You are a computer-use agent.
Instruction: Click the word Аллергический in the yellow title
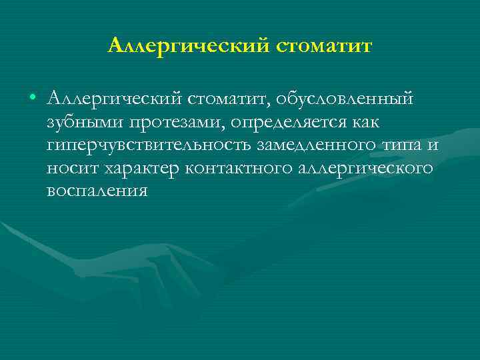pyautogui.click(x=188, y=46)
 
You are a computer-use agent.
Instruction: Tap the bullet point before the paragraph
pyautogui.click(x=33, y=99)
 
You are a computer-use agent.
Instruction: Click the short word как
pyautogui.click(x=380, y=122)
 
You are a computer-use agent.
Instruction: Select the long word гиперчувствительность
pyautogui.click(x=149, y=145)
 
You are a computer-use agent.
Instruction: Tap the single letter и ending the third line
pyautogui.click(x=435, y=145)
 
